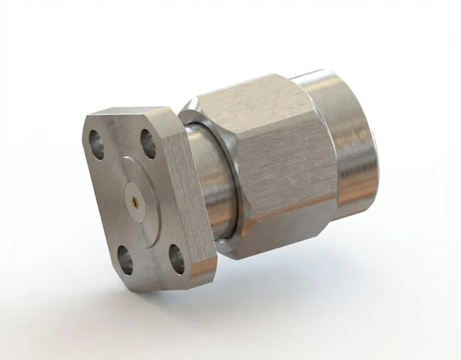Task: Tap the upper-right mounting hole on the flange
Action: point(148,143)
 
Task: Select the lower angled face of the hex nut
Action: point(282,240)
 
